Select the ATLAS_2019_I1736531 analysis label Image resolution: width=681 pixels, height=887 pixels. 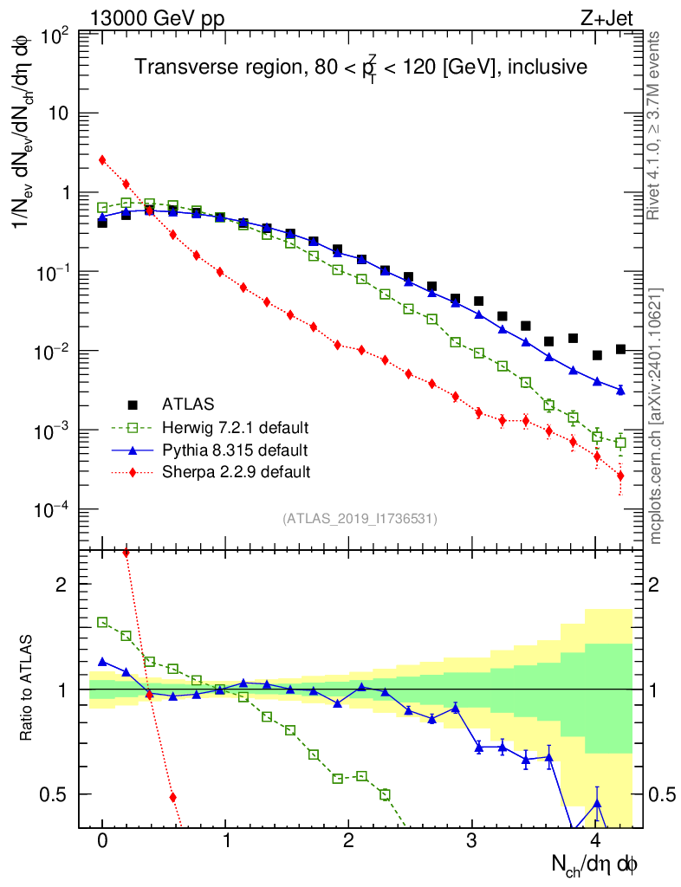(360, 519)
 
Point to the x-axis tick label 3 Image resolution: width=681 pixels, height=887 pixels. (471, 840)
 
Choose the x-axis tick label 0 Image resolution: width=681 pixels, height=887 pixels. (102, 840)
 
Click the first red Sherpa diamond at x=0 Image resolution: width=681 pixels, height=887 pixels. (102, 160)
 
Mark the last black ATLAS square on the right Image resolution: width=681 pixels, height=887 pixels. (620, 349)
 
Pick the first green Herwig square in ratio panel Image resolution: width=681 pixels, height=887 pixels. (102, 622)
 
